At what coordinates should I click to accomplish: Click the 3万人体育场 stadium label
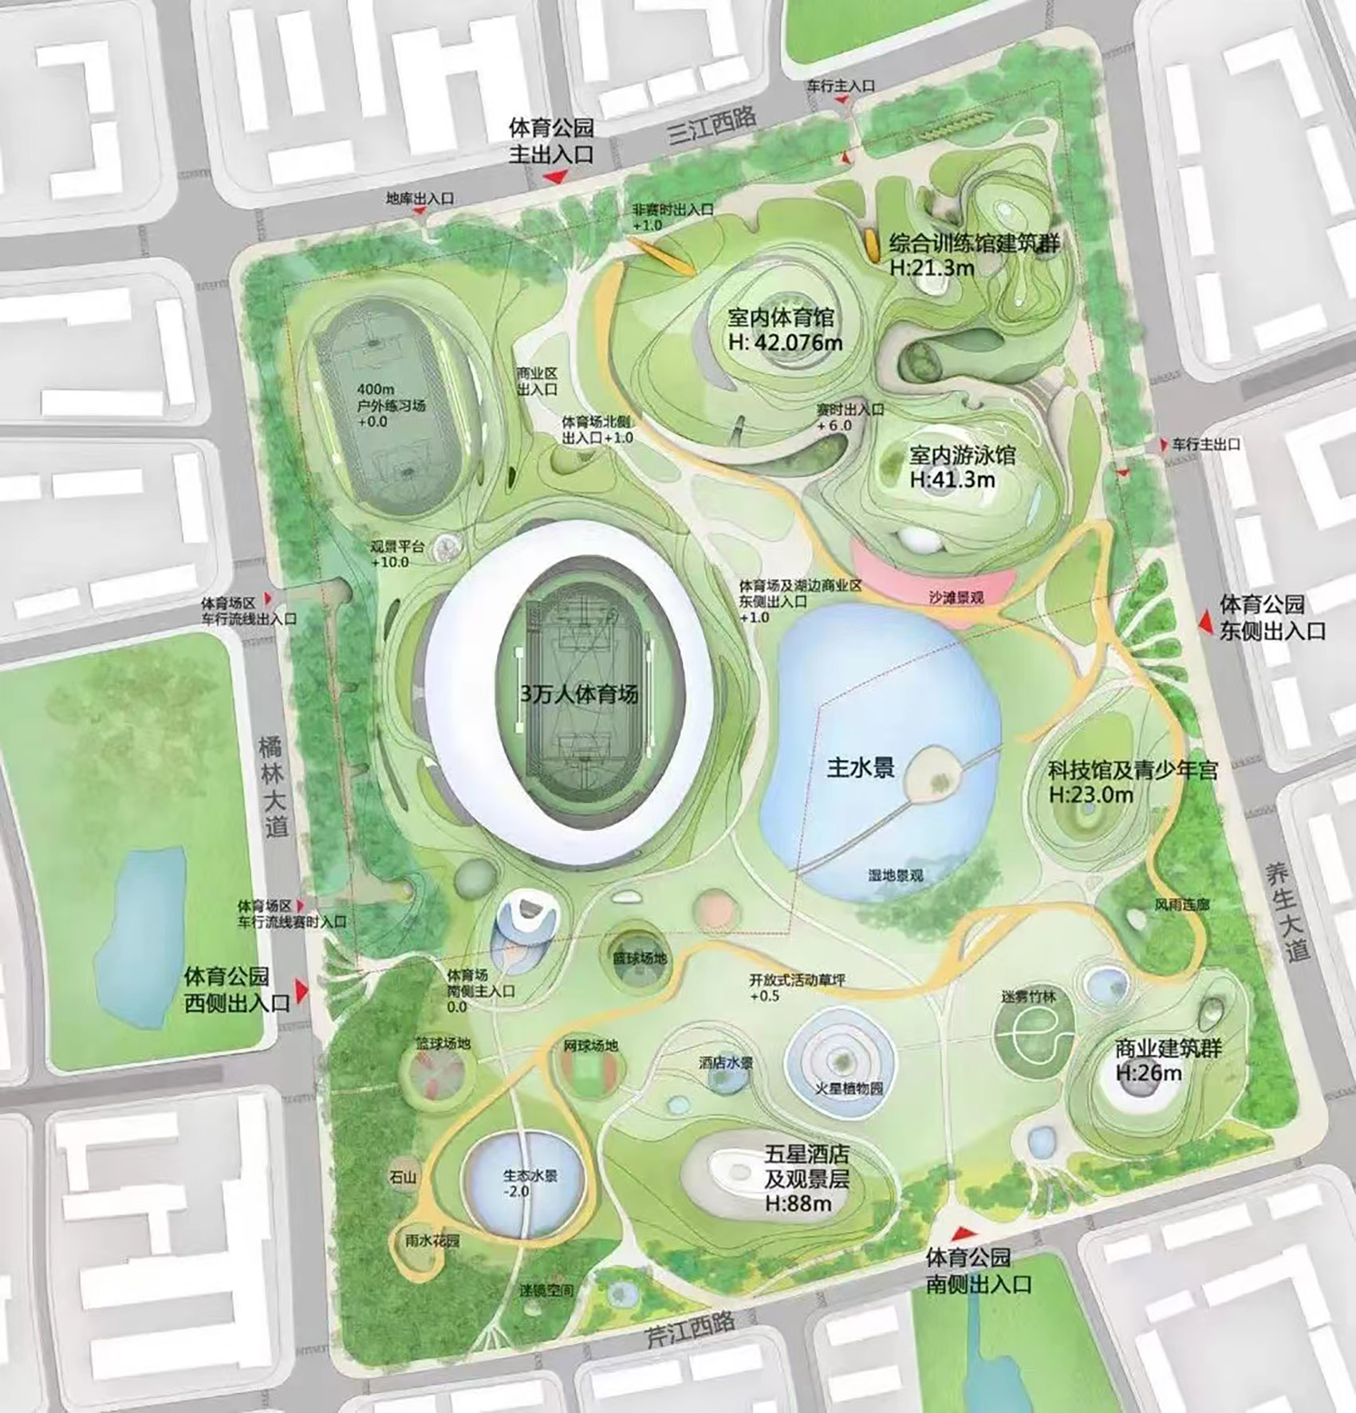(x=579, y=695)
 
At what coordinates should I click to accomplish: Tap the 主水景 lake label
(x=861, y=768)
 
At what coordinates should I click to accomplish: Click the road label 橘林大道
(x=273, y=785)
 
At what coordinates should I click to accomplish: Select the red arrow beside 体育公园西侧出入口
(x=302, y=990)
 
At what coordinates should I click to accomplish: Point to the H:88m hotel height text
(x=798, y=1202)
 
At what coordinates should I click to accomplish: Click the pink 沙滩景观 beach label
(x=956, y=597)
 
